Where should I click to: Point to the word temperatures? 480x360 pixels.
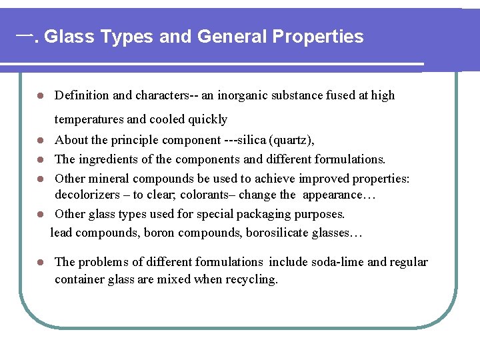pos(89,119)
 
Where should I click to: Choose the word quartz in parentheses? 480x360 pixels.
pos(291,141)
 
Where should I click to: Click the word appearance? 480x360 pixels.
pos(331,195)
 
